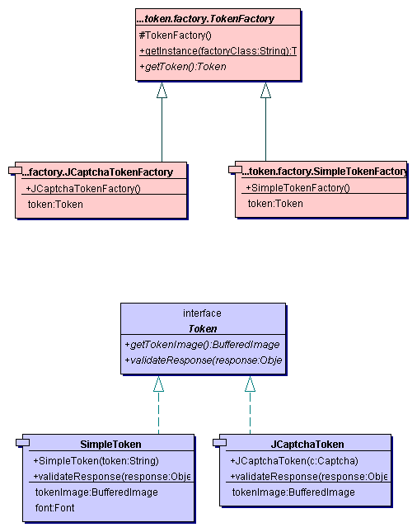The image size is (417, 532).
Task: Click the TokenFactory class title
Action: coord(216,16)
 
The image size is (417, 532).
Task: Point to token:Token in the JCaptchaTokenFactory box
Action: coord(55,204)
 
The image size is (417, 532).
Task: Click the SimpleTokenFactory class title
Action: coord(324,172)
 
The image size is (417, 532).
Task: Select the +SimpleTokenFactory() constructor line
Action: coord(298,188)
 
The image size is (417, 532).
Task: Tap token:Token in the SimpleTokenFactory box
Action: coord(275,203)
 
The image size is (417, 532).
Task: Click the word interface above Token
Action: coord(202,313)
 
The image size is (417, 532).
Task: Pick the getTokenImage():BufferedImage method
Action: coord(202,344)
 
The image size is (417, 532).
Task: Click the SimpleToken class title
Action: coord(110,444)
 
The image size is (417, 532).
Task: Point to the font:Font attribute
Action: coord(54,507)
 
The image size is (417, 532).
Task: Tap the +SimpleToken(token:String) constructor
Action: coord(96,460)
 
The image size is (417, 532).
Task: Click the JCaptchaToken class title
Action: coord(307,444)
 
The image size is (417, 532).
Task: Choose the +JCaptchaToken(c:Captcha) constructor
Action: coord(294,460)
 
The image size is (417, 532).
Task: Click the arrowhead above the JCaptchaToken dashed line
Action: coord(250,384)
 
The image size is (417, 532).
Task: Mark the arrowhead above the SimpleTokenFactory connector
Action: coord(265,91)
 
